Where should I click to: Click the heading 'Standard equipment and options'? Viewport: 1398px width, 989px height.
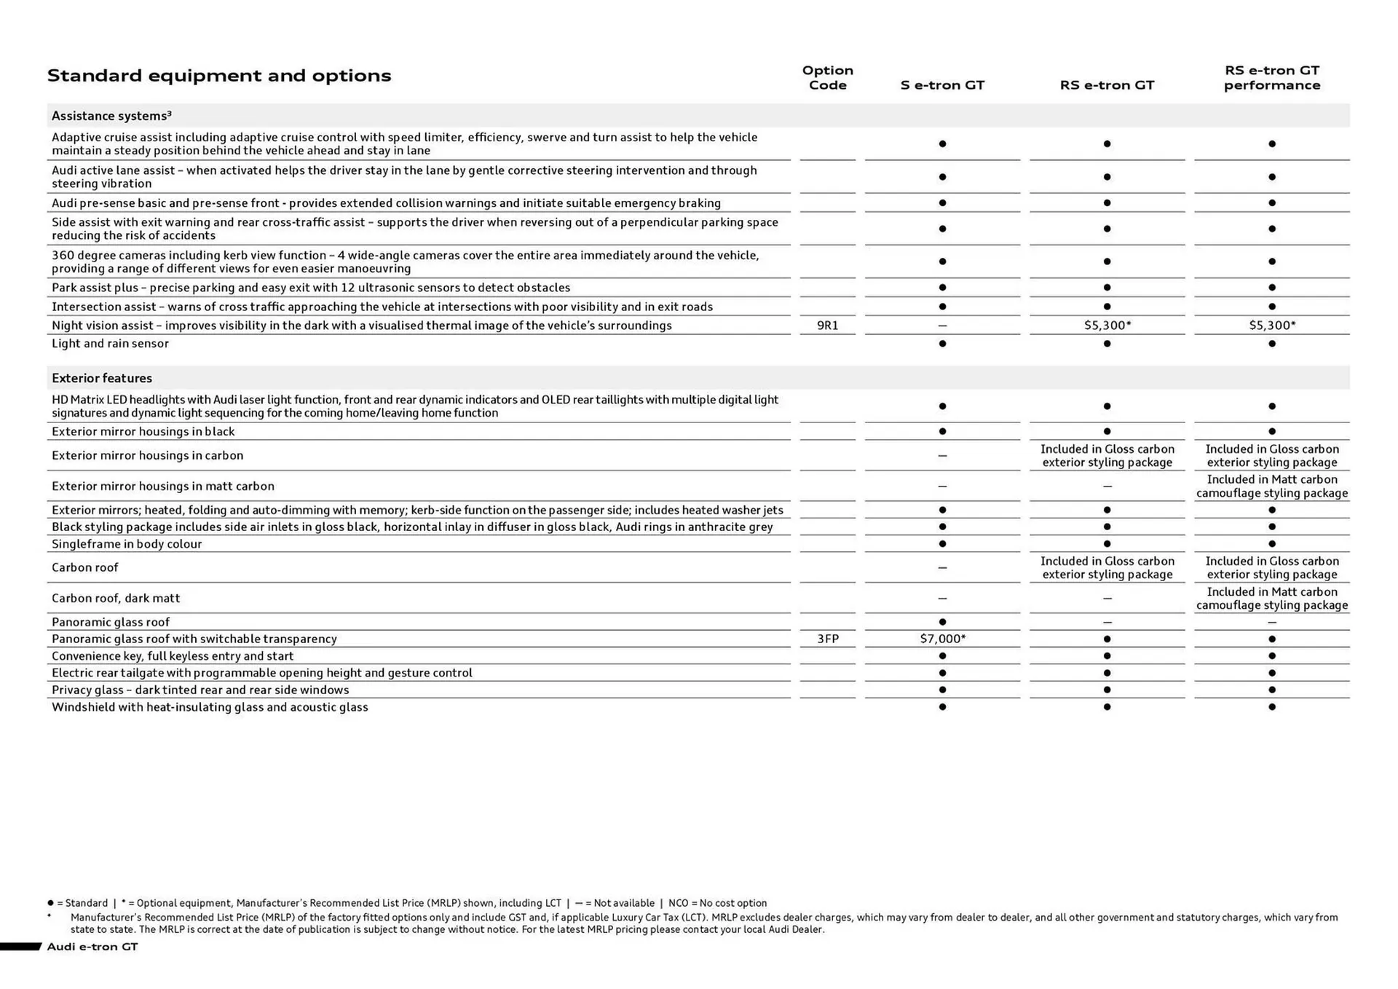click(x=218, y=76)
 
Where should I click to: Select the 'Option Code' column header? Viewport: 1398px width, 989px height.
click(x=827, y=78)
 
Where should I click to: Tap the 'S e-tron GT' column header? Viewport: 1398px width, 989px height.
click(x=941, y=85)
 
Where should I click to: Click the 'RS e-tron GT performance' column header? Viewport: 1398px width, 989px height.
click(x=1271, y=78)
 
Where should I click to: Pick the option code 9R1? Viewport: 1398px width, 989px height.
click(x=827, y=326)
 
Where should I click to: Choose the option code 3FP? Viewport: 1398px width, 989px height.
click(x=827, y=639)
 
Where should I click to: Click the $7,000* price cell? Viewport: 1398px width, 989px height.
click(x=942, y=639)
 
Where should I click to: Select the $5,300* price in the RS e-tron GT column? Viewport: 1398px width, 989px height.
click(x=1107, y=326)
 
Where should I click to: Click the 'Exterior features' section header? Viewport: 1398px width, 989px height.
click(x=102, y=378)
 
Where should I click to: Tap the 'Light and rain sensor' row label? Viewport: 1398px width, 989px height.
click(x=110, y=344)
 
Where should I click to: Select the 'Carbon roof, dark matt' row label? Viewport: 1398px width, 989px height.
click(x=116, y=598)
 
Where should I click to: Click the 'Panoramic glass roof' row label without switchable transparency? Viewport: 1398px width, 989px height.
click(x=111, y=622)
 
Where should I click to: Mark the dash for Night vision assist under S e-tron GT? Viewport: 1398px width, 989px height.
click(x=942, y=326)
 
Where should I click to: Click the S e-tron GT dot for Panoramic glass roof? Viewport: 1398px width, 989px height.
click(x=942, y=622)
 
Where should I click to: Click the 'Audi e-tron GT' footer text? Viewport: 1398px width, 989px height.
click(x=92, y=947)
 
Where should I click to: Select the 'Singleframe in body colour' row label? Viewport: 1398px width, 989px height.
click(x=127, y=544)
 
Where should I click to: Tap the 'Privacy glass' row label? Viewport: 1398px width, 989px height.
click(x=200, y=690)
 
